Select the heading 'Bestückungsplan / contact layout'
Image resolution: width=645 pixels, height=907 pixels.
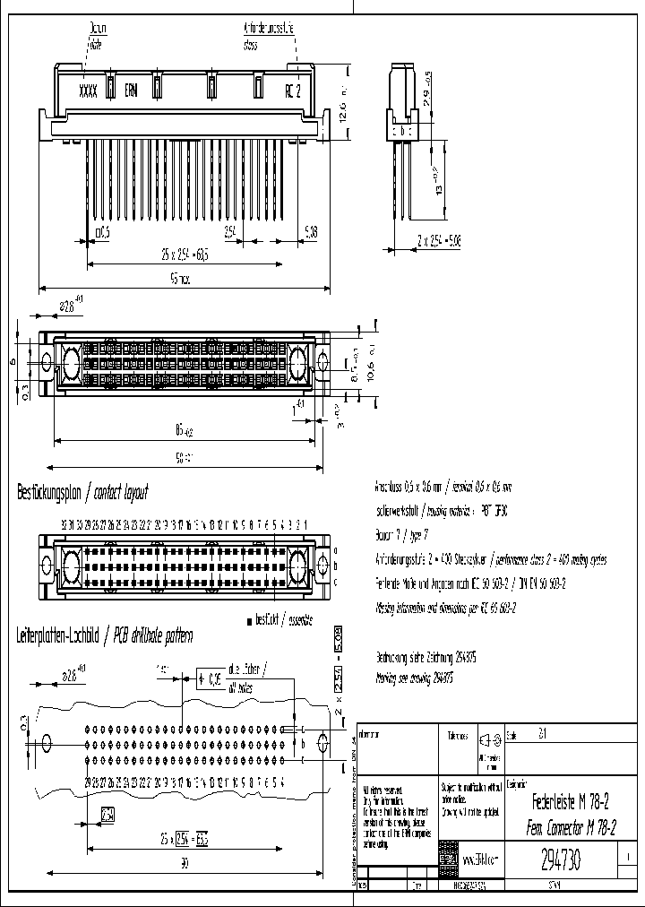(x=82, y=492)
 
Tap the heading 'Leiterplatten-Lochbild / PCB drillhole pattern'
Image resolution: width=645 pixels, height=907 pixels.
(x=105, y=635)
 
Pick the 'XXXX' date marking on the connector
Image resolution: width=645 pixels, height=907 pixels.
(x=88, y=91)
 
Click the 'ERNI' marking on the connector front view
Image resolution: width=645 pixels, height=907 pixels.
(x=131, y=91)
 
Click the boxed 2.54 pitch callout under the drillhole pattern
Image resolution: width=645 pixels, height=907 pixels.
(x=107, y=815)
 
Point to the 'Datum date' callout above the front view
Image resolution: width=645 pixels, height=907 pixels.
(x=96, y=35)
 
